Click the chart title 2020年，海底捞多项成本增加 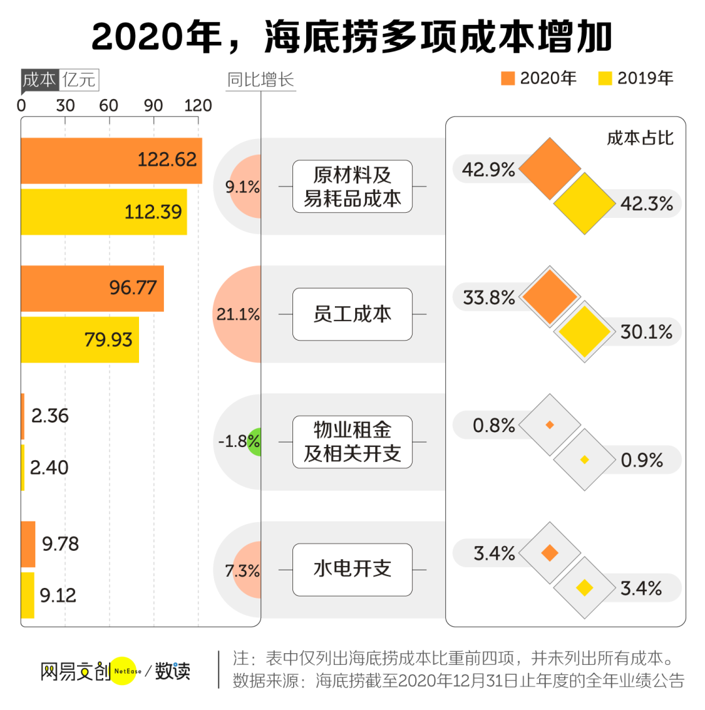click(352, 37)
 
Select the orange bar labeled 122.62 click(111, 161)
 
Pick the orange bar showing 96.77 click(92, 288)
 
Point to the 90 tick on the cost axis click(153, 106)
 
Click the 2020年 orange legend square click(509, 78)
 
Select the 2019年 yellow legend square click(605, 78)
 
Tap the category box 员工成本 click(352, 314)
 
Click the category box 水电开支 click(352, 569)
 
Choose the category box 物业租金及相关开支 click(352, 442)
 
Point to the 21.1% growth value click(238, 315)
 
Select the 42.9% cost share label click(488, 170)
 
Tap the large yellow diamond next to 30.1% click(584, 331)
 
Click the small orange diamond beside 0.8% click(550, 425)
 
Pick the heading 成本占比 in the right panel click(640, 138)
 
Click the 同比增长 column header click(260, 80)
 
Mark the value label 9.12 click(58, 595)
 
